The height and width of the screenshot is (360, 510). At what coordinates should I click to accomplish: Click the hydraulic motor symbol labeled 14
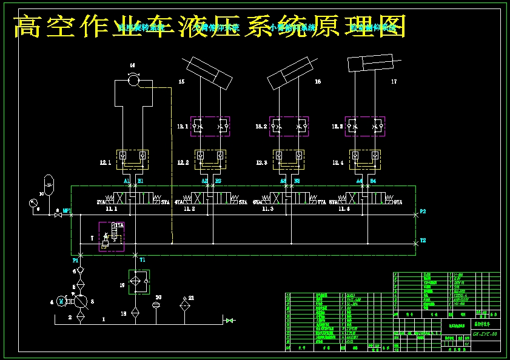pos(134,79)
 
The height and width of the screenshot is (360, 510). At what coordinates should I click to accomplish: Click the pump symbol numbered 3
pos(80,300)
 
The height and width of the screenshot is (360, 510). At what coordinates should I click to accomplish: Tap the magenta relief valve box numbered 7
pos(112,236)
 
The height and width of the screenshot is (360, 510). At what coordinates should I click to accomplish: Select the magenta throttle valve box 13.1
pos(210,126)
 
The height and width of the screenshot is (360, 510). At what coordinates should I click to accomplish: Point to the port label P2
pos(423,211)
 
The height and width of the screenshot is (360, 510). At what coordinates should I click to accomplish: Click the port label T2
pos(423,240)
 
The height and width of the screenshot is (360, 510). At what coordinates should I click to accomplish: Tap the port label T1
pos(143,259)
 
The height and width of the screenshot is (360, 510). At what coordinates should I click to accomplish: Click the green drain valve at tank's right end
pos(229,320)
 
